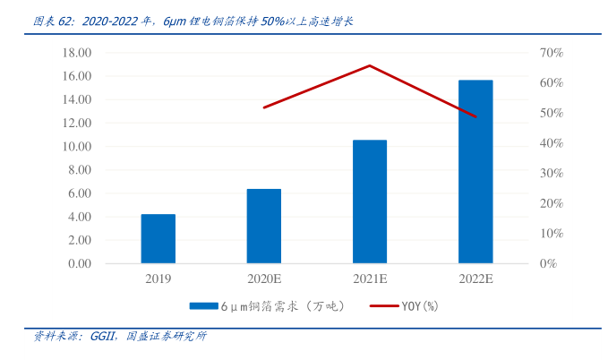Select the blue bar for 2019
158,239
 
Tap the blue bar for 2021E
370,201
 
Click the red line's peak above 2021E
370,65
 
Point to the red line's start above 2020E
264,107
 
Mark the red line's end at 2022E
475,116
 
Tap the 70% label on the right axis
551,53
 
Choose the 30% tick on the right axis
551,174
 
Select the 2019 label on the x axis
158,279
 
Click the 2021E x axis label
370,279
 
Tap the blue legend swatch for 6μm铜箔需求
203,306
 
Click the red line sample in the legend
383,306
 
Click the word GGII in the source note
100,338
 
